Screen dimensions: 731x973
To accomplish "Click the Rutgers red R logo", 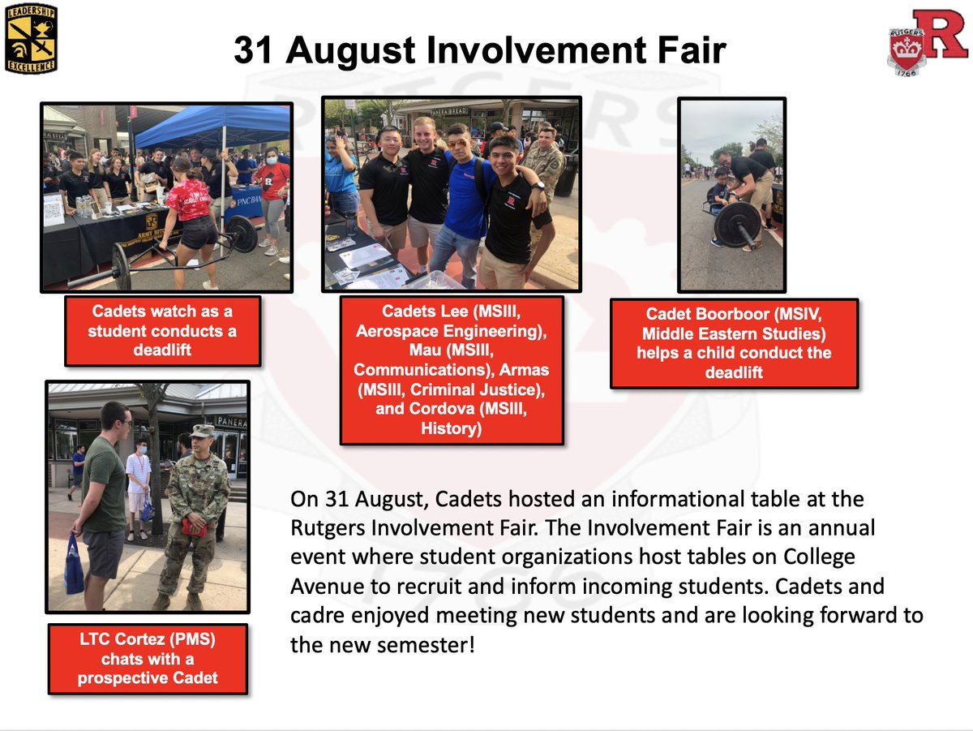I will coord(927,45).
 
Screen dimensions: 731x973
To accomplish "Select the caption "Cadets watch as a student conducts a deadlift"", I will coord(163,331).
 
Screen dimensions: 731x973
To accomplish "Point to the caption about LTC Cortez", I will coord(148,658).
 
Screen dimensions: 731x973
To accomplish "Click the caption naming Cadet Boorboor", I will coord(734,342).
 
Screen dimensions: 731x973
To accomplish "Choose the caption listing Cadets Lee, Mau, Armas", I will coord(452,370).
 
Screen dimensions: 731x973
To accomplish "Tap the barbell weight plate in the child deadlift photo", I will coord(737,223).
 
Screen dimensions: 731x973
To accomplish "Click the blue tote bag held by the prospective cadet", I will coord(74,565).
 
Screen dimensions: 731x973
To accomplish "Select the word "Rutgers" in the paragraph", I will coord(328,527).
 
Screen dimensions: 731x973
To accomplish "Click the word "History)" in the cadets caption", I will coord(452,428).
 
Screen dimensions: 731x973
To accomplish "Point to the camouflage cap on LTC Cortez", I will coord(202,431).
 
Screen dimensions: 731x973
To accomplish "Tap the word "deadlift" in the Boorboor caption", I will coord(734,372).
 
